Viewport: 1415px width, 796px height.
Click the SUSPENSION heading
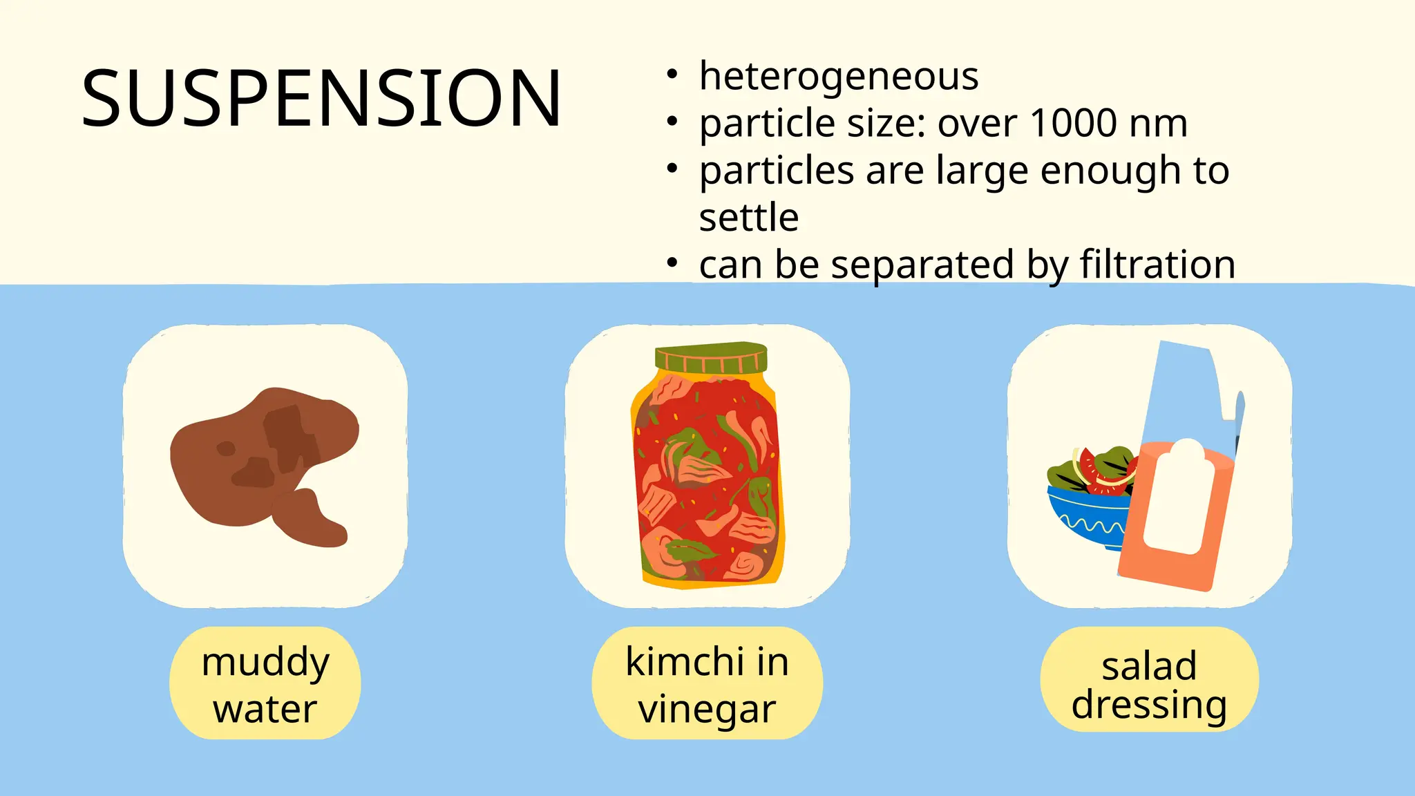tap(321, 98)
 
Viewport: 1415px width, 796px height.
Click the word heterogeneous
tap(839, 76)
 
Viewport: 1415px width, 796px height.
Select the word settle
tap(749, 218)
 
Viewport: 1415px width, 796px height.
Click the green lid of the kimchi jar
tap(711, 357)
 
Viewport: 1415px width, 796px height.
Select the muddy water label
tap(265, 683)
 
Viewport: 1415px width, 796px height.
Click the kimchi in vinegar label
tap(707, 683)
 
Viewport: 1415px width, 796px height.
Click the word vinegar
tap(707, 709)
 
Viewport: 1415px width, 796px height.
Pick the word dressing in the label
tap(1149, 705)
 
